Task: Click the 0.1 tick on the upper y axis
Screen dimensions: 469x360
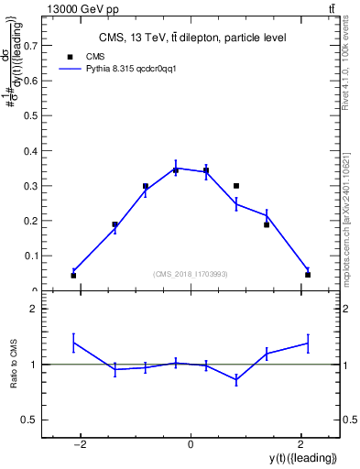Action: (x=37, y=256)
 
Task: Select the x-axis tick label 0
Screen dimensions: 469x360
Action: (x=190, y=444)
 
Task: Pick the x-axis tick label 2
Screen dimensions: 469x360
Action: (x=300, y=444)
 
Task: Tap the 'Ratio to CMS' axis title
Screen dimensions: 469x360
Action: (x=15, y=364)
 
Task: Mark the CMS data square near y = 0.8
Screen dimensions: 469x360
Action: (x=236, y=186)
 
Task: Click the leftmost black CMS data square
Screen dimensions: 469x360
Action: (x=73, y=275)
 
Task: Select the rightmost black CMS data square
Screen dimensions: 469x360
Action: (x=308, y=275)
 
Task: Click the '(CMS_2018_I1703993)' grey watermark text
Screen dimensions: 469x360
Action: (x=191, y=274)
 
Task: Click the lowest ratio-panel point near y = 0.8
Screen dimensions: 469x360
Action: (x=236, y=379)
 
